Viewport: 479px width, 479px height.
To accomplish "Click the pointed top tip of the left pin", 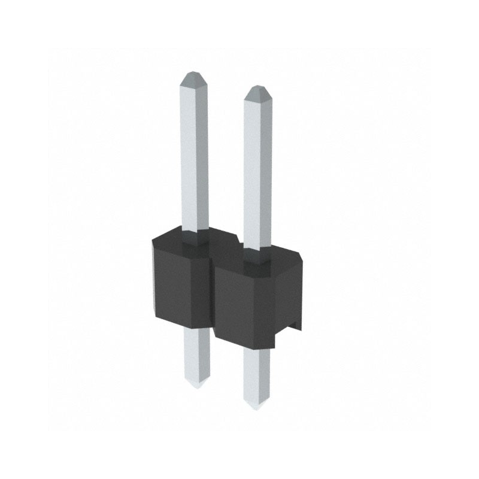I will coord(193,75).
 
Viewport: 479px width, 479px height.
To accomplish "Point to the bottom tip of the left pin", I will coord(198,386).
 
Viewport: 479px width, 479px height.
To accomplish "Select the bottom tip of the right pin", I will coord(257,407).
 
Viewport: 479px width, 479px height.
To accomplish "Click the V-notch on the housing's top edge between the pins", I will coord(238,244).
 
